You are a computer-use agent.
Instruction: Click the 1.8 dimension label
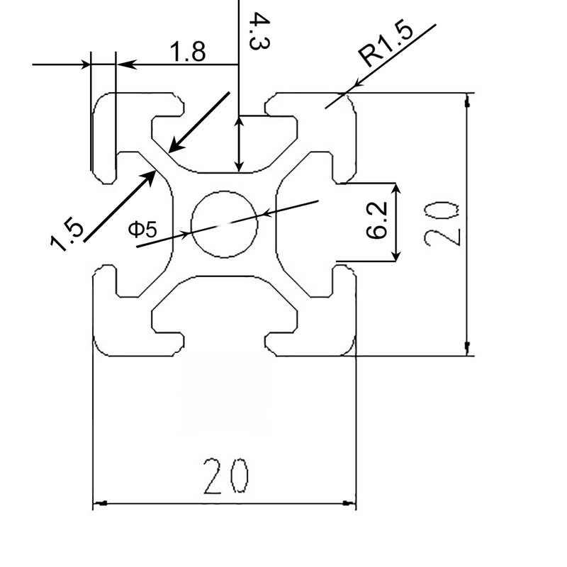(187, 52)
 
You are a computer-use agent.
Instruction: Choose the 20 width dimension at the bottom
(225, 476)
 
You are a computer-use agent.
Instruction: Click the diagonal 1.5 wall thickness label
(67, 235)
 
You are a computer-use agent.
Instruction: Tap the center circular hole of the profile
(225, 223)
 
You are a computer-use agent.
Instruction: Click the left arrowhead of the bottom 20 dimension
(99, 504)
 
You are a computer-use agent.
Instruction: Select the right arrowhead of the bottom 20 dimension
(350, 504)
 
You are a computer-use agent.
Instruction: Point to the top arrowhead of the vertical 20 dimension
(466, 100)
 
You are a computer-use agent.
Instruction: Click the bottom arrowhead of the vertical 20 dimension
(466, 348)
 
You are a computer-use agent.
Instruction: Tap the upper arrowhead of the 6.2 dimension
(398, 188)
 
